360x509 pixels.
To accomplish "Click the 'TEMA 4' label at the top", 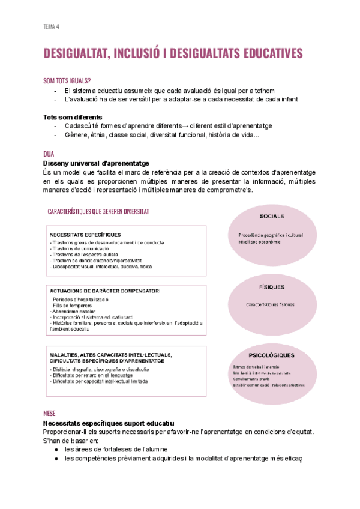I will pyautogui.click(x=51, y=26).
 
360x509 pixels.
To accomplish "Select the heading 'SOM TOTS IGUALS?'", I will pyautogui.click(x=67, y=80).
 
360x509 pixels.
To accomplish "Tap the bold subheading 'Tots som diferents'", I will pyautogui.click(x=73, y=116).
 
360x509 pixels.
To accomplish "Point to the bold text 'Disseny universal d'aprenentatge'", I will pyautogui.click(x=96, y=163).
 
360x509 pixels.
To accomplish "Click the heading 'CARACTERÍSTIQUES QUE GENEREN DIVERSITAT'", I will pyautogui.click(x=99, y=211).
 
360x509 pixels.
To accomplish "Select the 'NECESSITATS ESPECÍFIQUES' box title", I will pyautogui.click(x=85, y=235).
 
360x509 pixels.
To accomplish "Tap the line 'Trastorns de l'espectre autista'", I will pyautogui.click(x=85, y=254).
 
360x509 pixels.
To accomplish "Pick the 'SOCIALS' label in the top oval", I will pyautogui.click(x=272, y=216).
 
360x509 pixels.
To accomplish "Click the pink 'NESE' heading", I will pyautogui.click(x=50, y=414).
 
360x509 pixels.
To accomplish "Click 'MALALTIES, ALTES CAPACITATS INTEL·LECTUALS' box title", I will pyautogui.click(x=110, y=354).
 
